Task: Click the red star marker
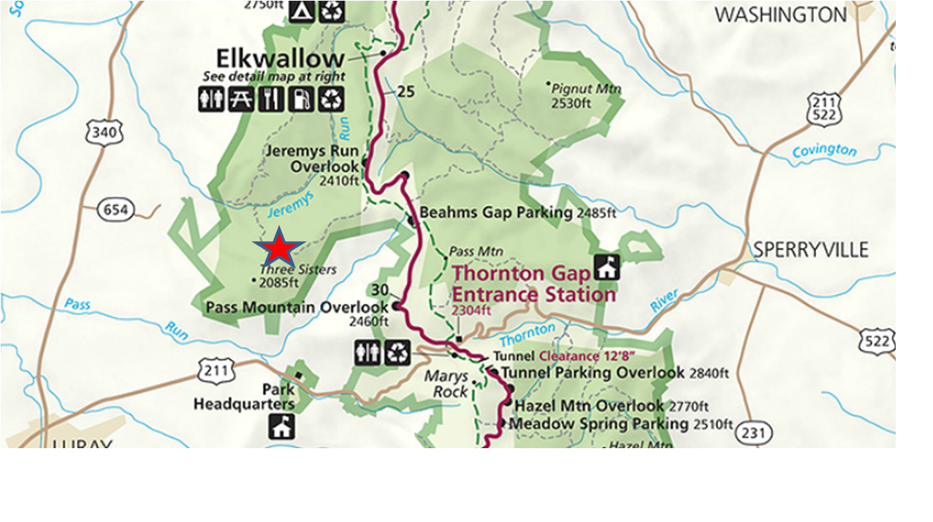coord(278,249)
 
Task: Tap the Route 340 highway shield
coord(104,132)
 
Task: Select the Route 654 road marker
coord(115,211)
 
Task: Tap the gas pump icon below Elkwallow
coord(300,99)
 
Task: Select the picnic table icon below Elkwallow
coord(241,99)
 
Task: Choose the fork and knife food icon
coord(271,99)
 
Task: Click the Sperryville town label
coord(810,250)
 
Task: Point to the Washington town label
coord(780,15)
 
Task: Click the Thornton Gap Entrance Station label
coord(533,284)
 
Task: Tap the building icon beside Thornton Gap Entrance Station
coord(606,267)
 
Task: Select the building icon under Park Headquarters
coord(281,426)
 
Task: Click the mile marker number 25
coord(406,92)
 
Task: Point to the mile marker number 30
coord(379,290)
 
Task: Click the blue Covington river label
coord(824,151)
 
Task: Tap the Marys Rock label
coord(446,384)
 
